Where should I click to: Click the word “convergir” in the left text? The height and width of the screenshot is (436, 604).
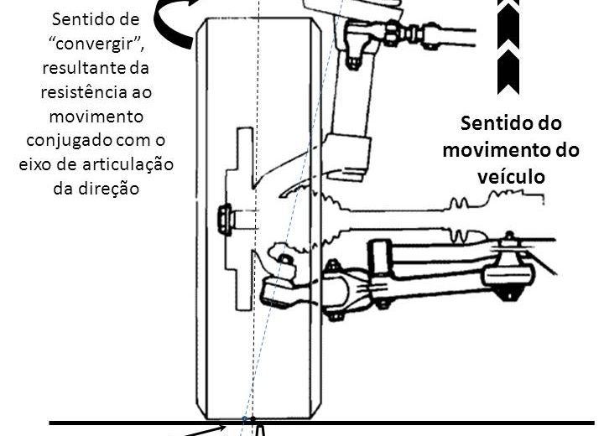[x=96, y=44]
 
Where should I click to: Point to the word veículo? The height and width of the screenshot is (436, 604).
[x=511, y=176]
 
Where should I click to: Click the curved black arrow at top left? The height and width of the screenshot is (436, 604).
[x=175, y=23]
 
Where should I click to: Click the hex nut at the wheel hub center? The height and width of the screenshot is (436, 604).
[x=226, y=220]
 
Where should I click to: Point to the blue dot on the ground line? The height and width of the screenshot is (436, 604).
[x=244, y=418]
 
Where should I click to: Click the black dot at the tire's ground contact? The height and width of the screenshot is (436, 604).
[x=253, y=418]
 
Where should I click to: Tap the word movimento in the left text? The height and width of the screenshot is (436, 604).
[x=96, y=117]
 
